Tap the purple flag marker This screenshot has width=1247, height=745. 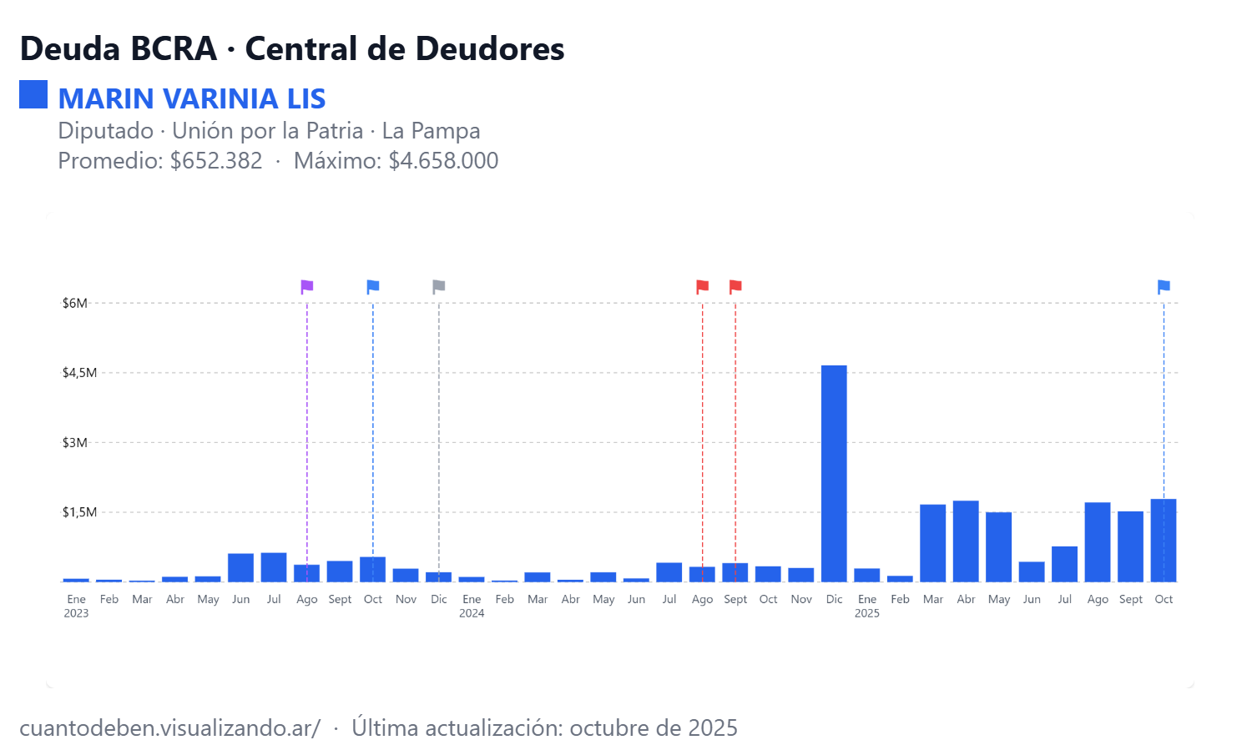point(306,287)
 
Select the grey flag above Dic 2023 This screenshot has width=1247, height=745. point(439,287)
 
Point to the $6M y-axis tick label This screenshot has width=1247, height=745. point(75,303)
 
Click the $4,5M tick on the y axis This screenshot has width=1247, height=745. point(79,373)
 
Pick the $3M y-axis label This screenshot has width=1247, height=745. point(75,442)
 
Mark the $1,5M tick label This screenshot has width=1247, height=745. point(79,512)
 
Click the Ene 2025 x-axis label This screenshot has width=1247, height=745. point(867,606)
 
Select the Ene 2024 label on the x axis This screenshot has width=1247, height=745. point(472,606)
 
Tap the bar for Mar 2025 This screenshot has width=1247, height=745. point(932,543)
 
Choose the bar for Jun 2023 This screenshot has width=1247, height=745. point(240,567)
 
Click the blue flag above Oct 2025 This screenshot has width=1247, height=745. point(1164,287)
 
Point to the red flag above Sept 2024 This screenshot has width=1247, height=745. point(735,287)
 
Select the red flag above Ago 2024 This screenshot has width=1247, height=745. point(703,287)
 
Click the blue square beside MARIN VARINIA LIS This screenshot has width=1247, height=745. point(33,94)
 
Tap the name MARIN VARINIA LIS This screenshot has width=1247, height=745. point(192,98)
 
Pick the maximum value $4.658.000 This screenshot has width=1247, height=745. point(443,160)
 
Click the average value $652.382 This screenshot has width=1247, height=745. point(216,160)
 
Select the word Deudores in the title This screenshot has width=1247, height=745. point(490,48)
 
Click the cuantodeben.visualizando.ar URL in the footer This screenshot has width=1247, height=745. point(169,727)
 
